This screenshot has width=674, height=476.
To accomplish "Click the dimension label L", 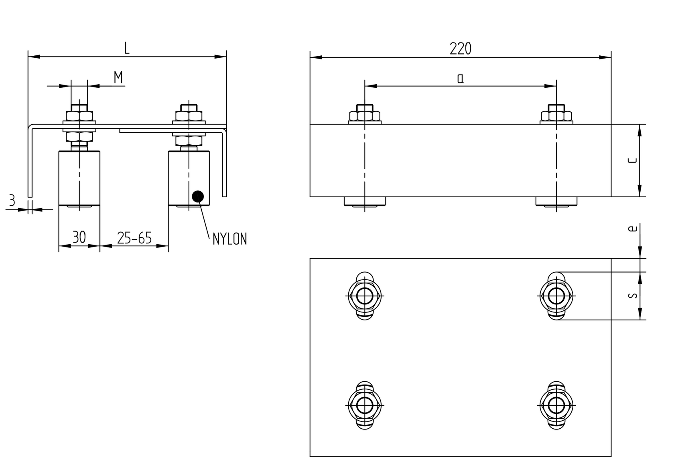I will click(127, 49).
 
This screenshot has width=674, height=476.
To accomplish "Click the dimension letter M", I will click(118, 77).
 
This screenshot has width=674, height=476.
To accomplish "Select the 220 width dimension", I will click(460, 49).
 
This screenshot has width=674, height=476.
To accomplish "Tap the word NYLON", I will click(229, 239).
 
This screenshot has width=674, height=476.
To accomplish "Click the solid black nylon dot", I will click(198, 196).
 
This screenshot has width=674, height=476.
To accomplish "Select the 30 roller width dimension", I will click(79, 237).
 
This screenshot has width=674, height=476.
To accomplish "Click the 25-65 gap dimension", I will click(134, 238).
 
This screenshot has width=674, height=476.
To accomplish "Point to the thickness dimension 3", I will click(12, 200).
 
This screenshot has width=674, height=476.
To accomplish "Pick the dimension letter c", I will click(632, 161).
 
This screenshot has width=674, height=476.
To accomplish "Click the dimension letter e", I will click(633, 229).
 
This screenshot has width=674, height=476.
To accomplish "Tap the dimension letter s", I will click(633, 296).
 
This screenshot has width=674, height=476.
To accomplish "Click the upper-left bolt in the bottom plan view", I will click(364, 296).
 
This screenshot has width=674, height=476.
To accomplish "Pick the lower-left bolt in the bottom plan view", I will click(364, 405).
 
